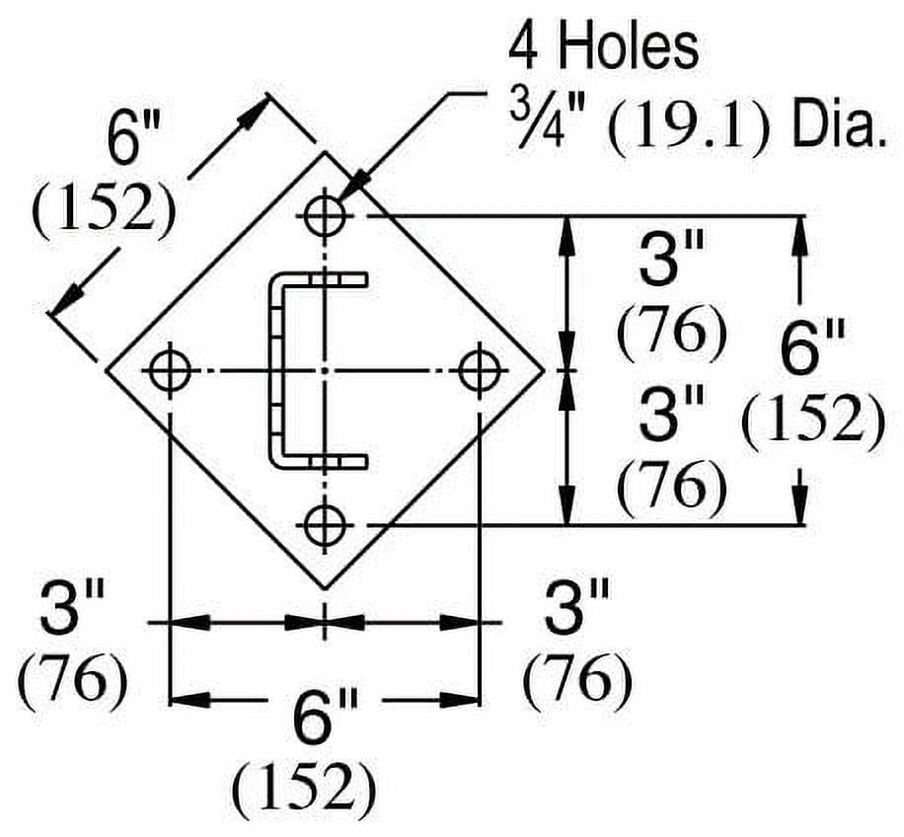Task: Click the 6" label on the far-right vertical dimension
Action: click(x=813, y=350)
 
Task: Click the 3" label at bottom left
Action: click(x=73, y=608)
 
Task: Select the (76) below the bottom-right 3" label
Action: click(x=577, y=681)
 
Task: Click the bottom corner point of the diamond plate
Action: click(x=325, y=588)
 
